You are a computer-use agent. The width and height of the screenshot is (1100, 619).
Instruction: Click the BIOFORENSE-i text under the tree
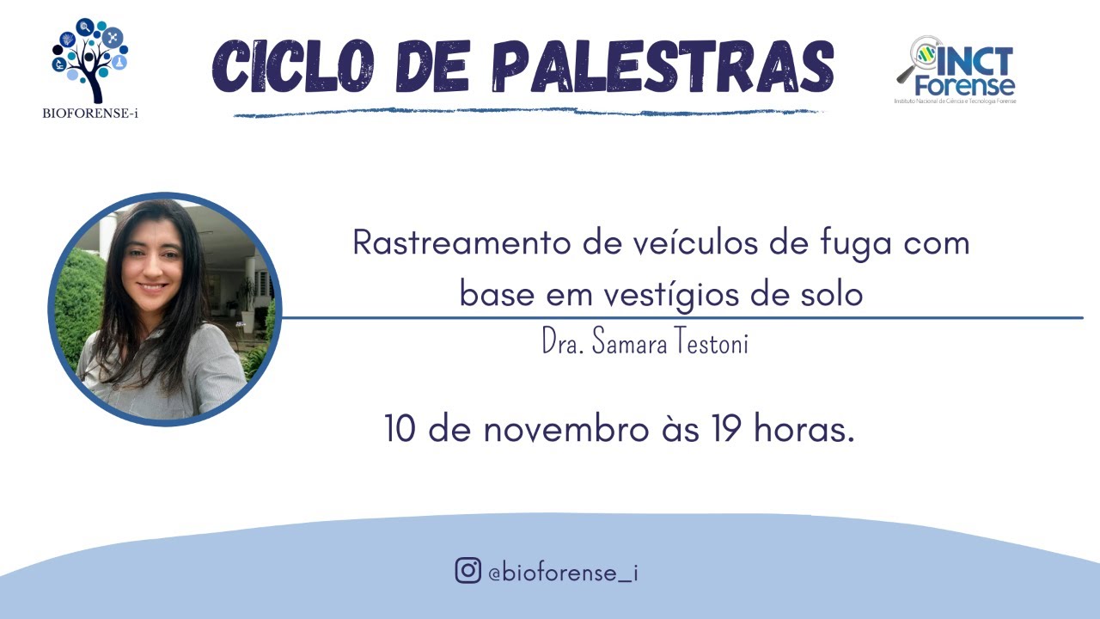[x=89, y=113]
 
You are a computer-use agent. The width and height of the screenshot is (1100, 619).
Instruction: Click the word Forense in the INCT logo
[x=964, y=85]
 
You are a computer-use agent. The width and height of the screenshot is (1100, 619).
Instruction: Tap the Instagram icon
[x=467, y=570]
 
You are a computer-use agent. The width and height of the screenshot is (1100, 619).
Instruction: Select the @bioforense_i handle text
[x=562, y=572]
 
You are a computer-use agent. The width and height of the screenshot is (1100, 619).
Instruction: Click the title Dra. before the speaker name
[x=559, y=344]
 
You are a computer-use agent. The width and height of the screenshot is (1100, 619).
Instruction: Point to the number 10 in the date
[x=400, y=429]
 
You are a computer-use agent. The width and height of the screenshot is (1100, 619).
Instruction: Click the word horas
[x=804, y=429]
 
